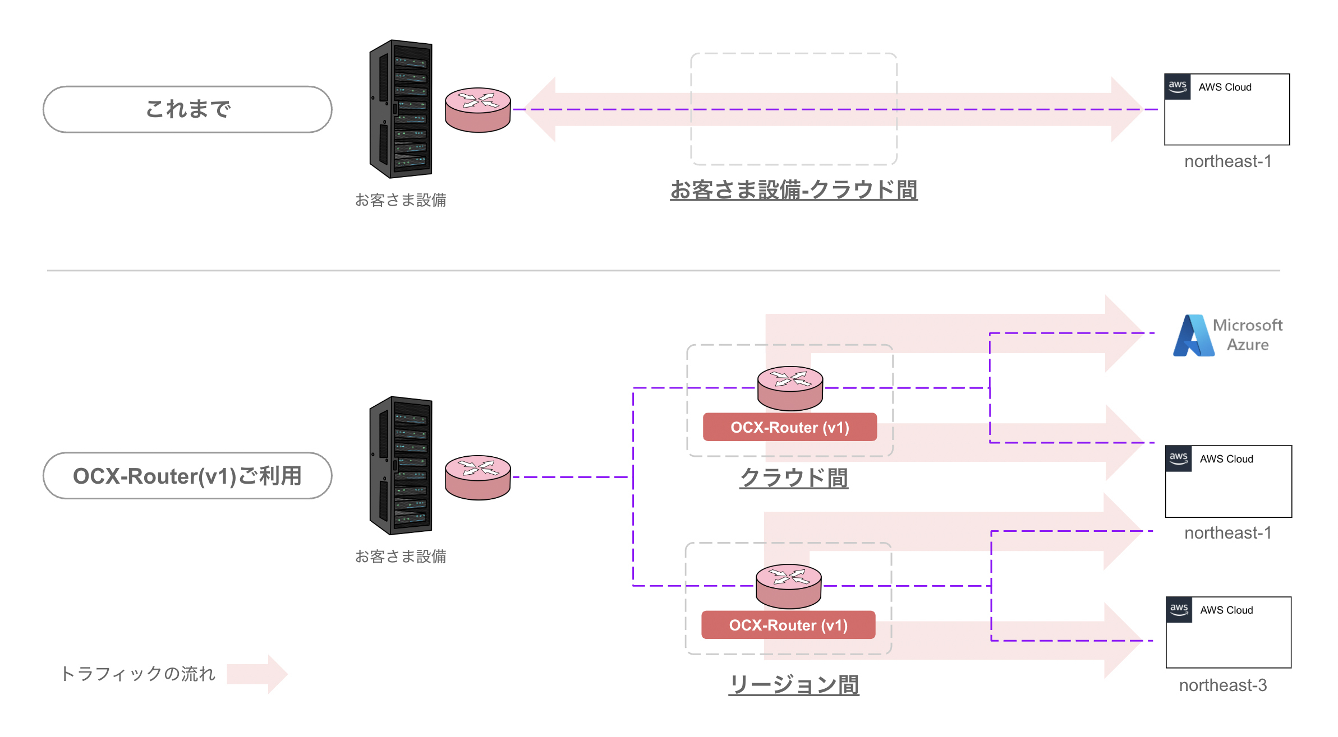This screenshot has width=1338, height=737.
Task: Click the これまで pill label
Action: [187, 109]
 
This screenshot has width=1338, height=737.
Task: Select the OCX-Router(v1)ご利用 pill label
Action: [187, 476]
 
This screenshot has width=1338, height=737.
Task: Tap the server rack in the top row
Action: [401, 109]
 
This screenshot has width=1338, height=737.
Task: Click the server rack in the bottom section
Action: [401, 465]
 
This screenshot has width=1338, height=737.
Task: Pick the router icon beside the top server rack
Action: [477, 110]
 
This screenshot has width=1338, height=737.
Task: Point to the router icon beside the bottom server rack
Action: [477, 478]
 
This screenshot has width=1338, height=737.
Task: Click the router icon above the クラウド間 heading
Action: [790, 388]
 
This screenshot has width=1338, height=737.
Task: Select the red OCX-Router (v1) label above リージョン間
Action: [788, 625]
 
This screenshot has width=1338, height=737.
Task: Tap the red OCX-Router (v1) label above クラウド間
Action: [789, 427]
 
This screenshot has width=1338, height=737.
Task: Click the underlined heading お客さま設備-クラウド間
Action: [793, 190]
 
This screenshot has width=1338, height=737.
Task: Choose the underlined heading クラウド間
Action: [793, 478]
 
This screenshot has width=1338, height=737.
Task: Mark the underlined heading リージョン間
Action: [793, 684]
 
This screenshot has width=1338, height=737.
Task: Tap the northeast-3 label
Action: [1222, 685]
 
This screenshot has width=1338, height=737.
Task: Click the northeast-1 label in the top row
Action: [1227, 161]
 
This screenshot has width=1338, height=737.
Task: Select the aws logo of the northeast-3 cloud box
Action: [1179, 609]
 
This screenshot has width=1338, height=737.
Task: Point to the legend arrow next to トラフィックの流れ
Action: [258, 674]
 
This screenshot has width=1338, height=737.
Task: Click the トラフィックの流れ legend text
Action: [138, 674]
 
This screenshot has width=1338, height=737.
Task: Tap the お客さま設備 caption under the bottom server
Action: [401, 557]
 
